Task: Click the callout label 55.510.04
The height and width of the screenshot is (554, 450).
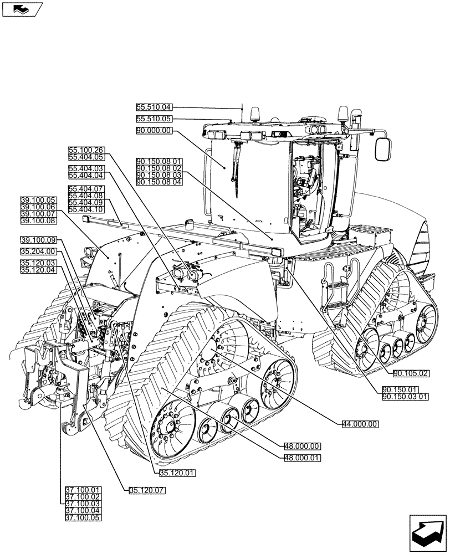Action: click(155, 107)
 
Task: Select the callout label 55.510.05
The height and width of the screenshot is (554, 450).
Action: click(155, 119)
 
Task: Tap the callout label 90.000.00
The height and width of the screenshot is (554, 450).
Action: click(155, 131)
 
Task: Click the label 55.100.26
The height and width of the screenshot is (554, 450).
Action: click(86, 150)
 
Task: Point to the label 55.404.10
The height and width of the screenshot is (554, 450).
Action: click(86, 209)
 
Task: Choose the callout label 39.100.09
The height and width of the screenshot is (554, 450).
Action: click(38, 240)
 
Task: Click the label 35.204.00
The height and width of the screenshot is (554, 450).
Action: click(38, 252)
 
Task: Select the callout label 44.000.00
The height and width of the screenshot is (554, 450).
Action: click(360, 424)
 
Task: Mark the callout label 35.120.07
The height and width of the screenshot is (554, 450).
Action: click(147, 490)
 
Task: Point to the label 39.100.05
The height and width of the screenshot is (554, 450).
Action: click(38, 200)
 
